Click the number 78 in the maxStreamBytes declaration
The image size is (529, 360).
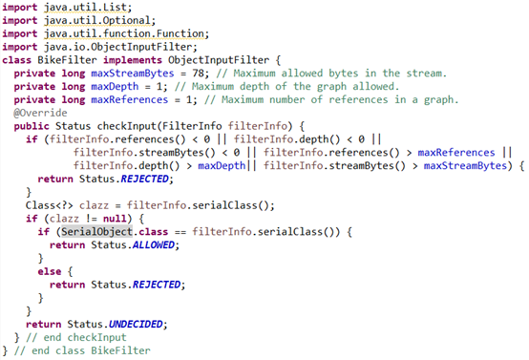click(198, 74)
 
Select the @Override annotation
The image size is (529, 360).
click(40, 113)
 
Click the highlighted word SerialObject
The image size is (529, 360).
click(96, 232)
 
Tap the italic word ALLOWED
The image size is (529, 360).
click(154, 245)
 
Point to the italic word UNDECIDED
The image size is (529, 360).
click(136, 325)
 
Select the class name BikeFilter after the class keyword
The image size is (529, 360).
click(67, 60)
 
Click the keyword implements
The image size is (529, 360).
click(133, 60)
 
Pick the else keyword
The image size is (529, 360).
click(50, 271)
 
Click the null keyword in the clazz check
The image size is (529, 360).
click(115, 219)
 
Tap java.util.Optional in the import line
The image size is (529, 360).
click(96, 21)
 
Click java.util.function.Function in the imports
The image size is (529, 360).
click(124, 33)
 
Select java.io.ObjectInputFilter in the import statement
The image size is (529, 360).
click(117, 47)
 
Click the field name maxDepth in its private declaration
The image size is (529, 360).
click(115, 87)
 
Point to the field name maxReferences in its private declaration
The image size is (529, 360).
click(130, 100)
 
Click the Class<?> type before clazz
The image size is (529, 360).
click(50, 205)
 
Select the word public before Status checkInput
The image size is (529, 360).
click(32, 126)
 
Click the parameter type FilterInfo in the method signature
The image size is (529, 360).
click(192, 126)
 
